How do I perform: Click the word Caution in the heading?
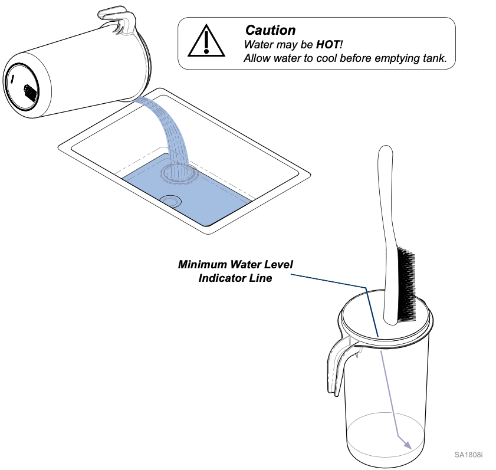[270, 30]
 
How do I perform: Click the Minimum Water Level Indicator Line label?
[235, 271]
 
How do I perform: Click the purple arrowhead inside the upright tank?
[406, 442]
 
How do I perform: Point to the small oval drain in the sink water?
[170, 201]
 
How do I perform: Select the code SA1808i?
[468, 455]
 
